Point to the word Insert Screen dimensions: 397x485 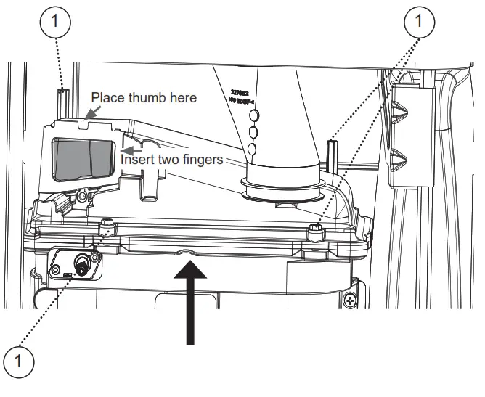coord(139,159)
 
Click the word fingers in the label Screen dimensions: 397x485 coord(200,159)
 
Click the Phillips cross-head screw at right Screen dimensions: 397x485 coord(351,299)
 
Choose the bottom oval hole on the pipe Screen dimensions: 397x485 coord(252,149)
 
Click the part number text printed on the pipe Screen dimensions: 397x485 coord(245,98)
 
